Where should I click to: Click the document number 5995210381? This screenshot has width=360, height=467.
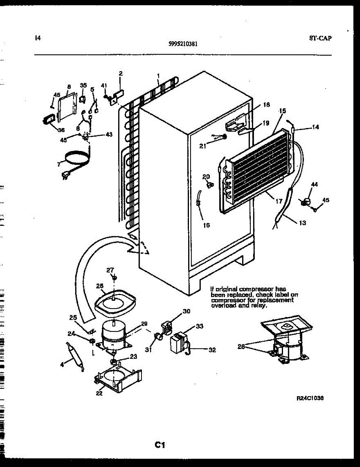point(183,44)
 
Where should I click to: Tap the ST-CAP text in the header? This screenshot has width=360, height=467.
point(321,38)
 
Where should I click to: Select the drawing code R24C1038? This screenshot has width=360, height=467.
point(310,399)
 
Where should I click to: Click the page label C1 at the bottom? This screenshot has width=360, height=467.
point(160,445)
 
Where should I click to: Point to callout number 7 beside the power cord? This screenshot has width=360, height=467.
point(59,165)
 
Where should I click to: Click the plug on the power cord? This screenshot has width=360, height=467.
point(65,177)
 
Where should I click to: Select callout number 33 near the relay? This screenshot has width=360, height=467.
point(199,326)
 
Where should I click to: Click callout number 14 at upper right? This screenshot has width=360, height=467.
point(315,127)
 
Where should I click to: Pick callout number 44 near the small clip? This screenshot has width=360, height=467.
point(314,184)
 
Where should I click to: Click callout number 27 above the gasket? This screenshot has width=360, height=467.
point(110,270)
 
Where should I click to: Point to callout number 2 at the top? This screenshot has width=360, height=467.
point(121,74)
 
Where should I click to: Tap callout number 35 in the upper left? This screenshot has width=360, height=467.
point(83,85)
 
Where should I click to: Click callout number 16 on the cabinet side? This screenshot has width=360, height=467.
point(206,225)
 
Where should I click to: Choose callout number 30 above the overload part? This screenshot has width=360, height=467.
point(187,311)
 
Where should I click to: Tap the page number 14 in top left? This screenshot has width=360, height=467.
point(37,38)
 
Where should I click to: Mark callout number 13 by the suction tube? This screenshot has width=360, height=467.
point(302,223)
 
